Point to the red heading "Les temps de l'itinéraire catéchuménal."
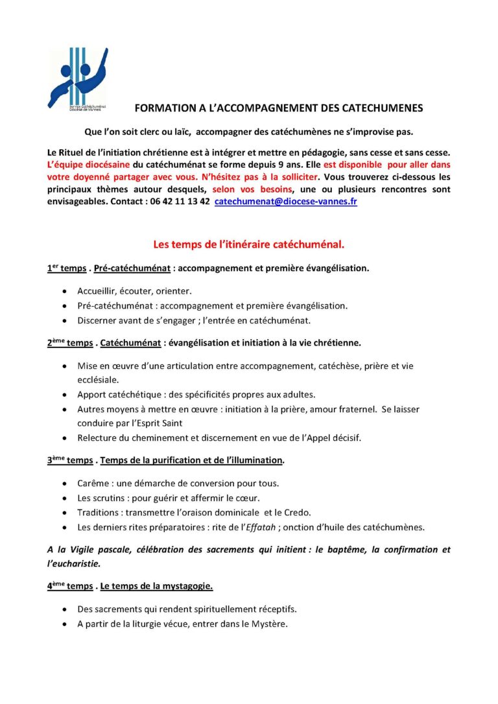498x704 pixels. pos(248,244)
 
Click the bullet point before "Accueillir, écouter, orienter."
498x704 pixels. pos(64,291)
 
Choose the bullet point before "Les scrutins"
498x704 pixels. pos(64,498)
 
